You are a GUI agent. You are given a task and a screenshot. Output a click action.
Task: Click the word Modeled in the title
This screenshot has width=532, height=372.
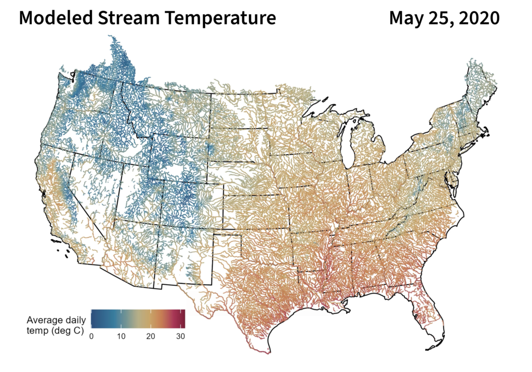56,18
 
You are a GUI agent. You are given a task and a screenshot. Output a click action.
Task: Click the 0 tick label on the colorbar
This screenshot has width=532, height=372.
91,336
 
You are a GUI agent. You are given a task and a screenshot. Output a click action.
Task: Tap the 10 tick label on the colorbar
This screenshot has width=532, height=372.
121,336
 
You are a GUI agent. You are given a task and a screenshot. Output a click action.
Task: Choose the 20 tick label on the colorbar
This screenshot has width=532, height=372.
151,336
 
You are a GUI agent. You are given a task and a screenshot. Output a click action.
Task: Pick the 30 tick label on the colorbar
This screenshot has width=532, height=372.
180,336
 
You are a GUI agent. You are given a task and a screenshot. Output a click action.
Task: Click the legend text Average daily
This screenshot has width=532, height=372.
56,321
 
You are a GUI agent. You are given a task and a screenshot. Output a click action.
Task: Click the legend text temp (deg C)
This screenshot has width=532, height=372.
55,330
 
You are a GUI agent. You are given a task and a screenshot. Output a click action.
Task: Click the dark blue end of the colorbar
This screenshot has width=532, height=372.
93,319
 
